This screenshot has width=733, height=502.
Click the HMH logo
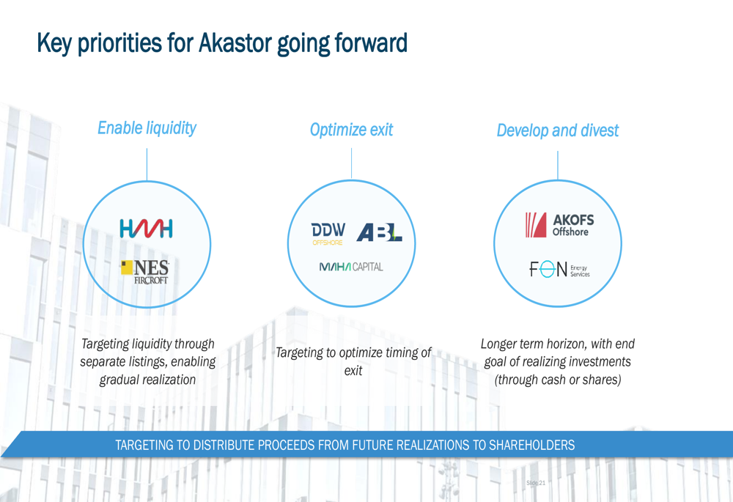[146, 229]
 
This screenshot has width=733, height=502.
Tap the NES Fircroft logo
[145, 272]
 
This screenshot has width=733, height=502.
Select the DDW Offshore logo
[328, 234]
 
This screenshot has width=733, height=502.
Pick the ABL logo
[379, 232]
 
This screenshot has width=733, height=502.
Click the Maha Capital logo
[351, 267]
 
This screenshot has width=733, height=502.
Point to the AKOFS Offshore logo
[559, 225]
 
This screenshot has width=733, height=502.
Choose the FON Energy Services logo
[559, 269]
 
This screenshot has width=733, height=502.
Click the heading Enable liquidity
[147, 128]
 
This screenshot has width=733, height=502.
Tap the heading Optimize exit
[352, 130]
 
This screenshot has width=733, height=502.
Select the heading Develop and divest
[558, 130]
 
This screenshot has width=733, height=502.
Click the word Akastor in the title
[235, 43]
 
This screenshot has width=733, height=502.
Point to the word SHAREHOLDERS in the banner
[531, 445]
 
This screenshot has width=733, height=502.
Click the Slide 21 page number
[536, 483]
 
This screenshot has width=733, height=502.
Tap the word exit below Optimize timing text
[353, 371]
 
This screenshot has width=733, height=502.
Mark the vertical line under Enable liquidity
[147, 165]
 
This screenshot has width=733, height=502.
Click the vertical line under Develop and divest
[558, 166]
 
